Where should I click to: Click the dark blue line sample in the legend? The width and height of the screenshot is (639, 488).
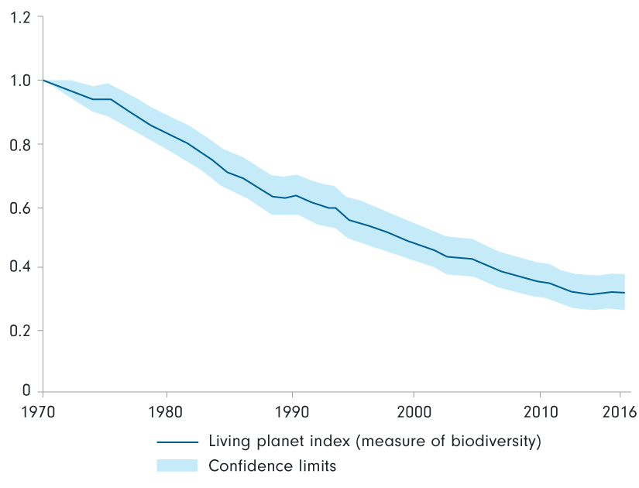tap(177, 443)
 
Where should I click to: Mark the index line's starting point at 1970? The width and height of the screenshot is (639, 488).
tap(43, 81)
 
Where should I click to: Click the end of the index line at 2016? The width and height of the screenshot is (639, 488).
tap(624, 293)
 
